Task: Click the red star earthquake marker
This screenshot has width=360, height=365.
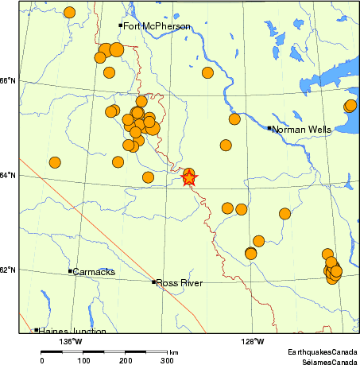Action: tap(189, 177)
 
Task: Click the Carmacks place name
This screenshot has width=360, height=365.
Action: tap(95, 272)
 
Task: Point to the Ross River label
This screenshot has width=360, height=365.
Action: tap(180, 283)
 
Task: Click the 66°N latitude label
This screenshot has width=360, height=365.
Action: tap(8, 80)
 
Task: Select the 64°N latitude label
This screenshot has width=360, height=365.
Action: tap(8, 175)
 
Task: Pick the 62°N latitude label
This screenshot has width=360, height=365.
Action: tap(8, 270)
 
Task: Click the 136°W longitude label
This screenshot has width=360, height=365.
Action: tap(72, 342)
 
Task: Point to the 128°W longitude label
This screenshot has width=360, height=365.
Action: tap(254, 342)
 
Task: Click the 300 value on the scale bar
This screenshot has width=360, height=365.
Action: tap(168, 360)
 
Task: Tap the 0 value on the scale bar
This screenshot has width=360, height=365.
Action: tap(42, 360)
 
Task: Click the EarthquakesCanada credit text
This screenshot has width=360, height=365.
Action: tap(322, 351)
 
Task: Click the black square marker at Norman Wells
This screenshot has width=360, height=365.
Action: tap(269, 128)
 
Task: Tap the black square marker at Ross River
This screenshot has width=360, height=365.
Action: tap(154, 282)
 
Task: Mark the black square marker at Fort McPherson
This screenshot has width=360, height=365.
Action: tap(121, 25)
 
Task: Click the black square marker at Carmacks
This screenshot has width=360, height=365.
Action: tap(71, 271)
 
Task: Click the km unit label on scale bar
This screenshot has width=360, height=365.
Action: tap(173, 351)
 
